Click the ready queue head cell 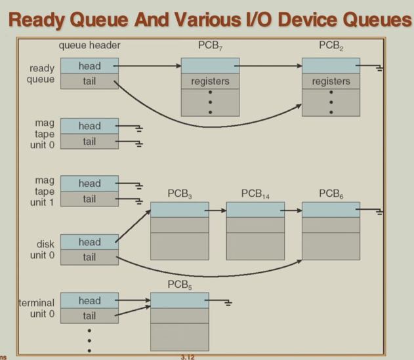tap(89, 66)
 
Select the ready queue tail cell tap(89, 81)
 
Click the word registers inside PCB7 tap(210, 81)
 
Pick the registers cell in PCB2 tap(331, 81)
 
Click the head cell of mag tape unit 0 tap(89, 126)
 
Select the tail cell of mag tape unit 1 tap(89, 199)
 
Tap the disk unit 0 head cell tap(89, 242)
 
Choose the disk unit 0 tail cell tap(89, 258)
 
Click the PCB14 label tap(255, 194)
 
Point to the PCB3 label tap(179, 194)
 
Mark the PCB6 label tap(331, 194)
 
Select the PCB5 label tap(179, 285)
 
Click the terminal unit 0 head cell tap(89, 301)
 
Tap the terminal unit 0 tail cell tap(89, 316)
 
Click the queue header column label tap(89, 46)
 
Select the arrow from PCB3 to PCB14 tap(217, 210)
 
